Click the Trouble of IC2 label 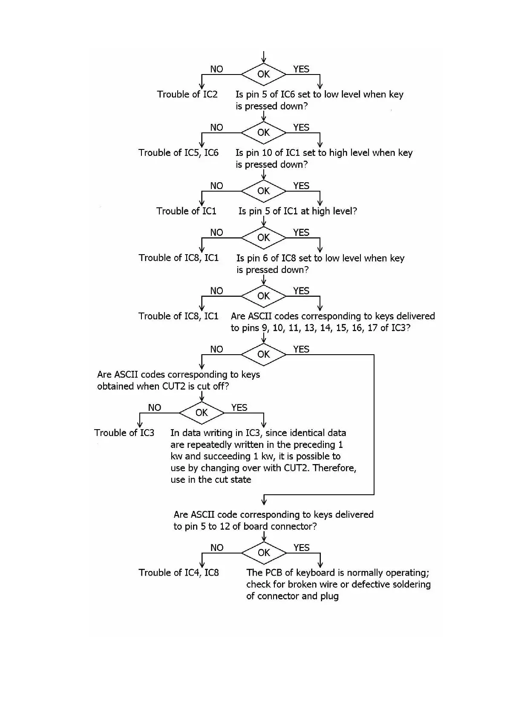pos(187,95)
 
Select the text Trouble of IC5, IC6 pos(178,153)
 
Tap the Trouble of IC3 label pos(124,433)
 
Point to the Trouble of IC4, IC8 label pos(179,573)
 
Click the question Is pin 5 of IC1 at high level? pos(297,211)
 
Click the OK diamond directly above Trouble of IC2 pos(263,74)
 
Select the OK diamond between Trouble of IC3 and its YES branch pos(202,413)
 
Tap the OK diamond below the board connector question pos(264,553)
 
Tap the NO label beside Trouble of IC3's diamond pos(154,408)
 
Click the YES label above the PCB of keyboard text pos(301,548)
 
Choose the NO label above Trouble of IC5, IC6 pos(216,128)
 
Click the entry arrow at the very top pos(264,57)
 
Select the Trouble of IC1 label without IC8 pos(186,211)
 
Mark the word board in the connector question pos(256,527)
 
